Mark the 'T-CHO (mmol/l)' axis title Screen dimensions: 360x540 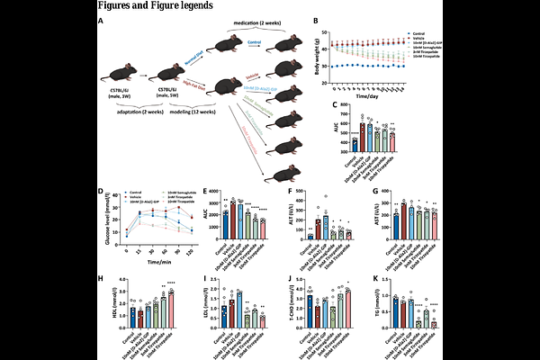click(288, 308)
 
